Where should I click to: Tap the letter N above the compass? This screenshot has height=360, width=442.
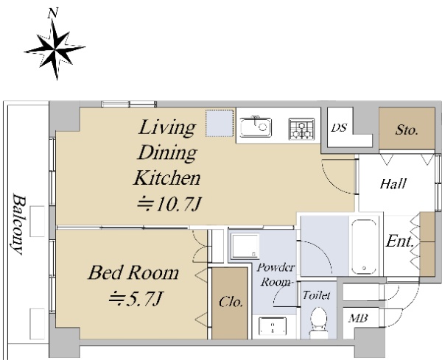click(53, 13)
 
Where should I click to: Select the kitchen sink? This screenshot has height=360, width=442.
click(256, 127)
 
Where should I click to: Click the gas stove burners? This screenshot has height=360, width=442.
click(301, 129)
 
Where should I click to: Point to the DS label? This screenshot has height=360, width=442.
click(339, 128)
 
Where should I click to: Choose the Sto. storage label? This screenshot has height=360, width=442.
click(407, 130)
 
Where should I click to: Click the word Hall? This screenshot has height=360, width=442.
click(393, 184)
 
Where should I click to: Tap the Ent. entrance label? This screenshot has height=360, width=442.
click(400, 241)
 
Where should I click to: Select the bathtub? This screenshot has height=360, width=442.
click(364, 247)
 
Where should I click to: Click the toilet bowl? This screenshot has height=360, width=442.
click(319, 322)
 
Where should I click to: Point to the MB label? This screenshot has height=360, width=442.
click(358, 318)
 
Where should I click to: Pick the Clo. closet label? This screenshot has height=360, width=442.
click(231, 302)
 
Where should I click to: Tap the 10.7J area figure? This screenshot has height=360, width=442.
click(169, 204)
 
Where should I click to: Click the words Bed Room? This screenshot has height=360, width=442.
click(133, 272)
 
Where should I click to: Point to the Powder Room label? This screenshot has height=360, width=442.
click(276, 275)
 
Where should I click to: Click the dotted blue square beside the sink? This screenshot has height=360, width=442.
click(220, 124)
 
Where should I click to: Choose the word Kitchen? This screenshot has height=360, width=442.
click(167, 178)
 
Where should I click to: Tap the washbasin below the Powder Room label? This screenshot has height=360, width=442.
click(273, 326)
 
